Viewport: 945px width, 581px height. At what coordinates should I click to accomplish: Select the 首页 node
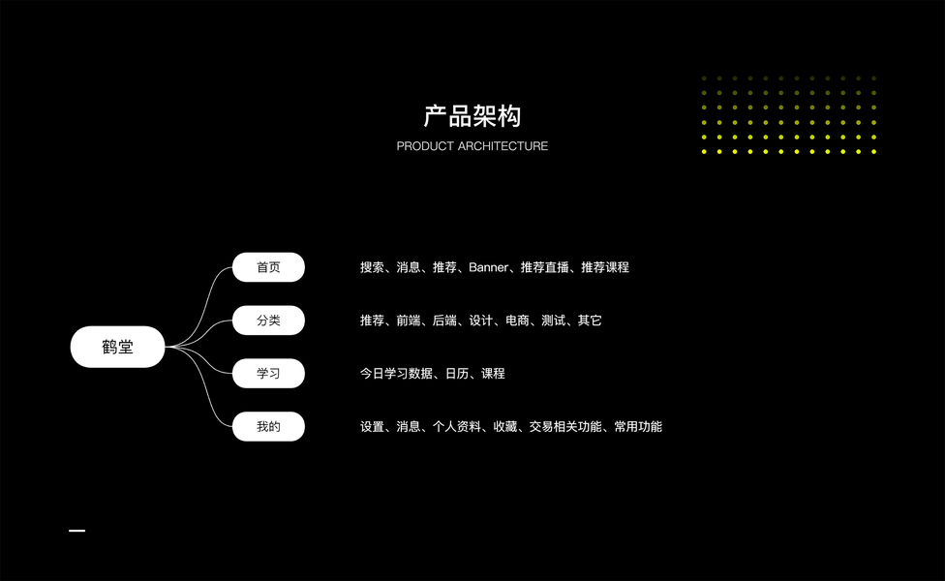tap(268, 267)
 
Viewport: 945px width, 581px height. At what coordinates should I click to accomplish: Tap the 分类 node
tap(268, 321)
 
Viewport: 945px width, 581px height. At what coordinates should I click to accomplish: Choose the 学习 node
tap(268, 374)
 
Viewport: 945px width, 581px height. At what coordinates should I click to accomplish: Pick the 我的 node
tap(268, 427)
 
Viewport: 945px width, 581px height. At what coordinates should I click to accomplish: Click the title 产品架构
tap(472, 116)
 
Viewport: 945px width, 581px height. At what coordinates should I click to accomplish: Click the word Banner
tap(488, 267)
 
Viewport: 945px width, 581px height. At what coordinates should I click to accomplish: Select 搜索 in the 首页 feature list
tap(372, 267)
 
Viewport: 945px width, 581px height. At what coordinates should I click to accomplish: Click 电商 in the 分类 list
tap(517, 321)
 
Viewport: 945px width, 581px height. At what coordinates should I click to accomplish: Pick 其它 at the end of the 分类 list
tap(590, 321)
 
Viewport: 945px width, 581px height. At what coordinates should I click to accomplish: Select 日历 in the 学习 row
tap(456, 374)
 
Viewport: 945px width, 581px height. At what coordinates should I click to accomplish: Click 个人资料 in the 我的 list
tap(456, 427)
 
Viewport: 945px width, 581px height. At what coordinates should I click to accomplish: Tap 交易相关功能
tap(565, 427)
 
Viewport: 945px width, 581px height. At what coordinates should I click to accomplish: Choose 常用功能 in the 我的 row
tap(638, 427)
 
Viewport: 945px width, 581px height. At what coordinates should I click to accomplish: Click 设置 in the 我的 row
tap(372, 427)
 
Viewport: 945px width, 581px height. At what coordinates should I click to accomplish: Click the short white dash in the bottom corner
tap(77, 531)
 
